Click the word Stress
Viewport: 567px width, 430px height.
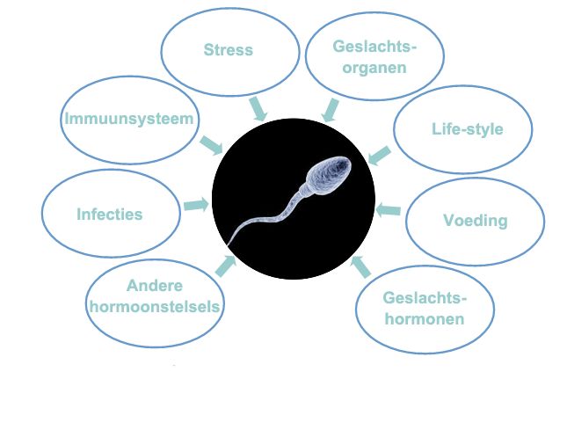229,50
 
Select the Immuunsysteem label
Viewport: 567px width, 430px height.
129,119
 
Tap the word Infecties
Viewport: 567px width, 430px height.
110,214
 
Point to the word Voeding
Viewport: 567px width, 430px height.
476,221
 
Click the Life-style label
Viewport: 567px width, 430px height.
468,129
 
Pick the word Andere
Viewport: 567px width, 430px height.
155,286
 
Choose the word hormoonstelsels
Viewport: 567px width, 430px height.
155,307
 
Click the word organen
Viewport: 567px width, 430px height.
374,68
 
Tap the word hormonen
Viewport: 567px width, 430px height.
425,319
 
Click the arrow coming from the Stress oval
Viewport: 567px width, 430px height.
258,109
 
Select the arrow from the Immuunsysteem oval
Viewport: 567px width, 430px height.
212,145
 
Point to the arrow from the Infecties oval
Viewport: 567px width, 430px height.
196,205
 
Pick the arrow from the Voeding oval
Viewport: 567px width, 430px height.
388,210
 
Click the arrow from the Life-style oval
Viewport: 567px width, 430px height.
380,156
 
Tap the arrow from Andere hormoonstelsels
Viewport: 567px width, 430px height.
226,266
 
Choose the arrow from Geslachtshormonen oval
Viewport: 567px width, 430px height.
360,267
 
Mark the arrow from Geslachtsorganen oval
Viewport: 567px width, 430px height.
331,110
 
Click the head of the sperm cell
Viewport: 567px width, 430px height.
329,175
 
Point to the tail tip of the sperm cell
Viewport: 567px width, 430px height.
228,244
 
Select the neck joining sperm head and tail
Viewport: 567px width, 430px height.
303,191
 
